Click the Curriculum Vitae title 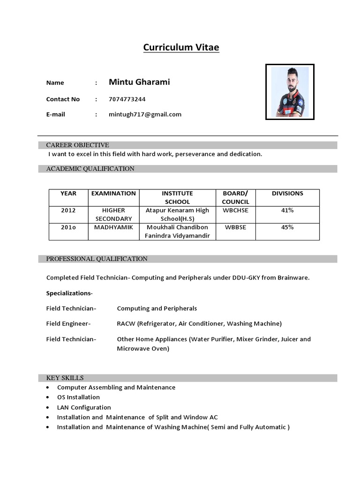(181, 47)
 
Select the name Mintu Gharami (139, 82)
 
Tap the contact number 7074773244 (127, 99)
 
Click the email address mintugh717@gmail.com (145, 114)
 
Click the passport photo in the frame (290, 92)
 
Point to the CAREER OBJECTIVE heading (77, 145)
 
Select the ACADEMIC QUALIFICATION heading (90, 169)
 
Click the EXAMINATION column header (113, 193)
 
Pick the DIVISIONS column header (287, 193)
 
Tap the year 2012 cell (68, 210)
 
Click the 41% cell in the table (287, 210)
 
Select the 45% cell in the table (287, 227)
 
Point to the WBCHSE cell (235, 210)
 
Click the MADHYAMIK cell (113, 227)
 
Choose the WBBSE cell (235, 227)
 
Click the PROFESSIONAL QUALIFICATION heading (97, 259)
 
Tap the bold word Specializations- (69, 293)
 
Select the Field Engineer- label (68, 323)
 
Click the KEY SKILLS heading (65, 378)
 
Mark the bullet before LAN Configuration (49, 408)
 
